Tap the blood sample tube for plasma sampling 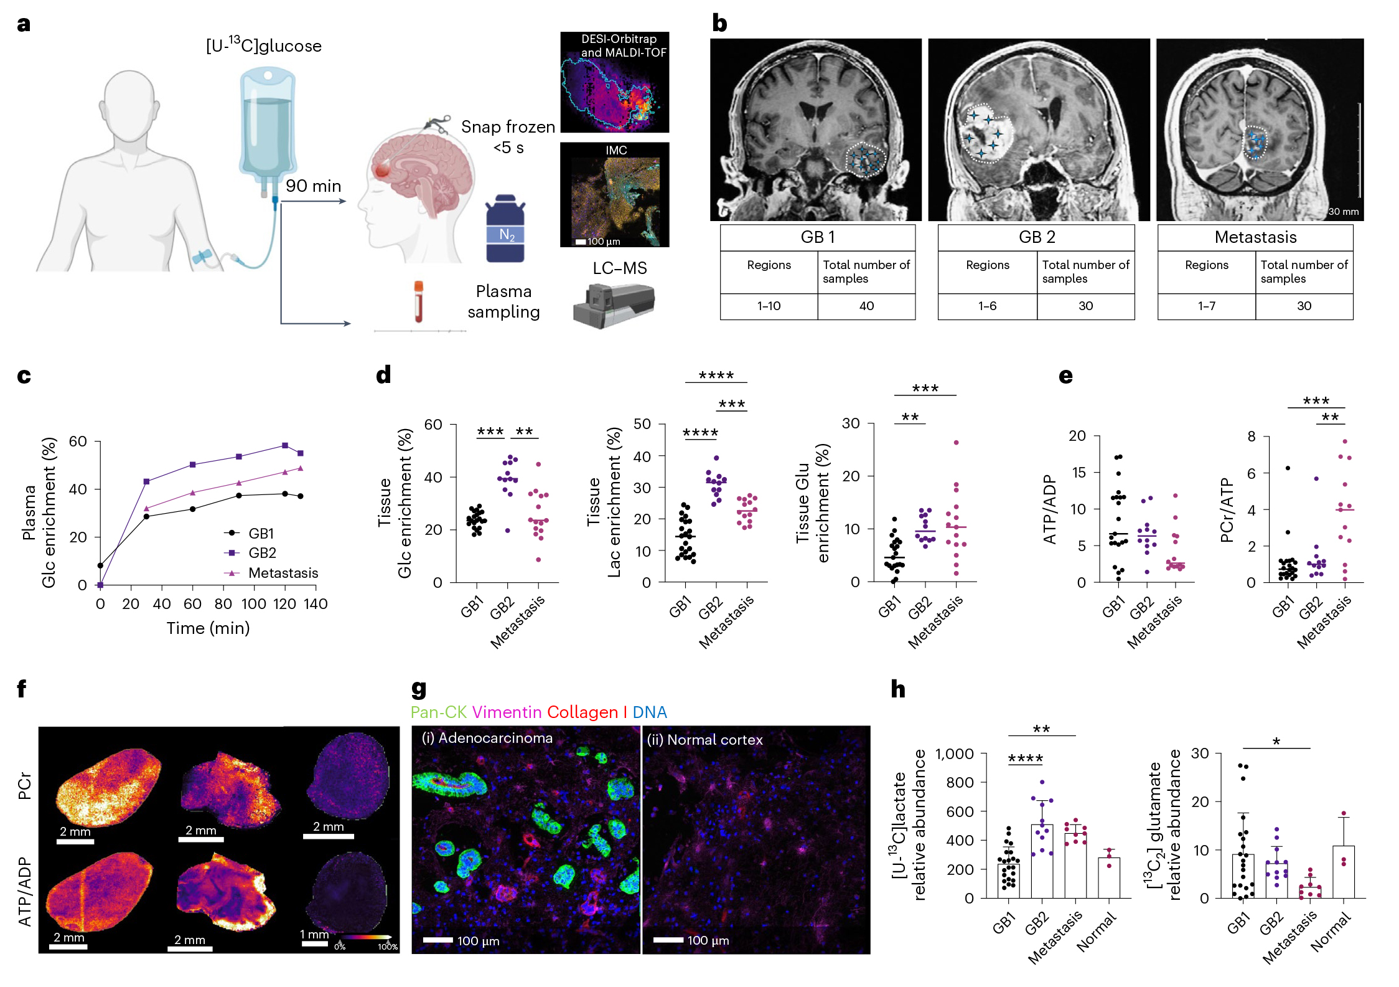click(418, 301)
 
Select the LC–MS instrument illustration click(614, 305)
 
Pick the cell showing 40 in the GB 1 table click(866, 306)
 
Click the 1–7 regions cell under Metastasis click(1206, 306)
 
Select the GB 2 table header click(1036, 237)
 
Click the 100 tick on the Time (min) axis click(254, 603)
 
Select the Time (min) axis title click(208, 628)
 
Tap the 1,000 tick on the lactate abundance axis click(955, 754)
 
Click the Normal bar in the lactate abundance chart click(1109, 878)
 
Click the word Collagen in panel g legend click(583, 712)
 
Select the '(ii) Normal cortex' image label click(704, 740)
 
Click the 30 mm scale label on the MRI click(1344, 212)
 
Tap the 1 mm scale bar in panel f click(315, 944)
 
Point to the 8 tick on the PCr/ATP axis click(1252, 437)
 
